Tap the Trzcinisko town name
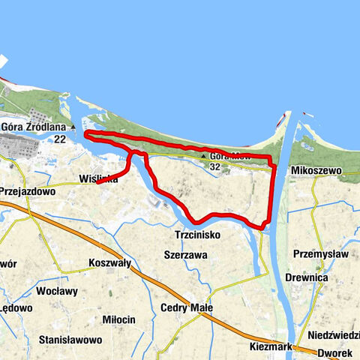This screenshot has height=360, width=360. tap(192, 235)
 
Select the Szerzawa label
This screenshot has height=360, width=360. tap(185, 254)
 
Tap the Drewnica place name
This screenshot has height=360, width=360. tap(307, 277)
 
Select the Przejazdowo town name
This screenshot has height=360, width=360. tap(28, 191)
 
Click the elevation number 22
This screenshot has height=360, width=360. tap(60, 139)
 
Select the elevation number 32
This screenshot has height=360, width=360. tap(215, 166)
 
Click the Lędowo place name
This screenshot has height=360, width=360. tap(16, 308)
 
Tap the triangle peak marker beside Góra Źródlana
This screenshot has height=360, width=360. tap(72, 127)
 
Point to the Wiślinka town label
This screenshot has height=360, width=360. tap(97, 178)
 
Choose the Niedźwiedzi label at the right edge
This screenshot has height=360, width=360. tap(333, 335)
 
